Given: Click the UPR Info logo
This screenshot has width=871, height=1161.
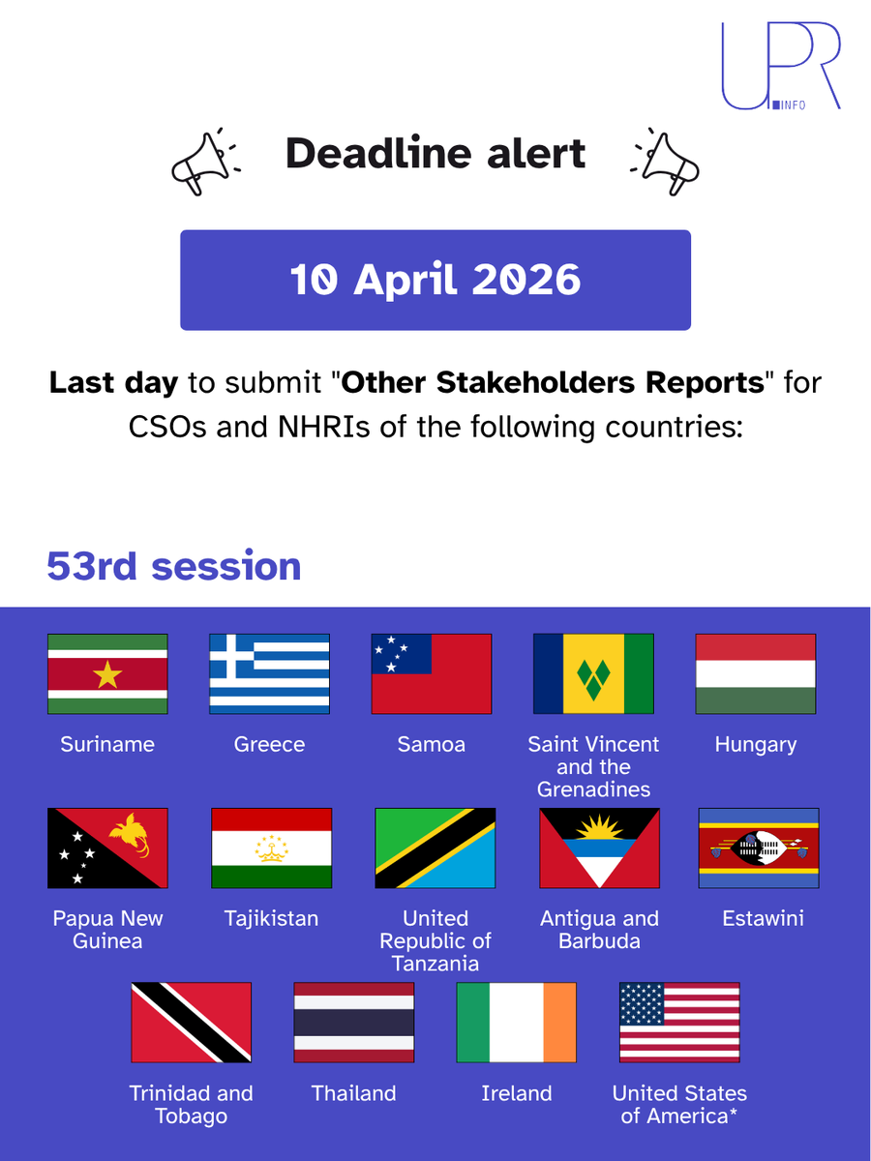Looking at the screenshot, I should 780,66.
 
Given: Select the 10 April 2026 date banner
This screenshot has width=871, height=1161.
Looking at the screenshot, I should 435,280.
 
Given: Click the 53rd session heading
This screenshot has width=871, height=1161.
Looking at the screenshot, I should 174,566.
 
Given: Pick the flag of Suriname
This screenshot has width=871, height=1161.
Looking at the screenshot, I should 107,674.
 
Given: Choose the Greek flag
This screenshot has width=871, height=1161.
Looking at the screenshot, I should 270,674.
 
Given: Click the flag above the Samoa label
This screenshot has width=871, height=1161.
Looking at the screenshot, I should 432,674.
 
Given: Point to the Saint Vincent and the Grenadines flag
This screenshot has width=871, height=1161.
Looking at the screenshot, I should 594,674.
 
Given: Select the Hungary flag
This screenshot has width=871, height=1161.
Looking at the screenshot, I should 756,674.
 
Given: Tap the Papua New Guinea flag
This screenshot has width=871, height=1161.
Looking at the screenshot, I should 107,848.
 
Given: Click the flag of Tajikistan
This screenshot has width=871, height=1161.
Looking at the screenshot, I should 272,848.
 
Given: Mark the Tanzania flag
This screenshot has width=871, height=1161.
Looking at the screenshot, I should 435,848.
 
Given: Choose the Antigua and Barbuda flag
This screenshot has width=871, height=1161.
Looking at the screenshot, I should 599,848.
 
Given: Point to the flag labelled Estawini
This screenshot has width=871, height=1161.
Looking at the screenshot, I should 759,848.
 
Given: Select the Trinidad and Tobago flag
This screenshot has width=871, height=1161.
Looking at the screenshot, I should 192,1023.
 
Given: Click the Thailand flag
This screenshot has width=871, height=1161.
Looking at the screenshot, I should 354,1023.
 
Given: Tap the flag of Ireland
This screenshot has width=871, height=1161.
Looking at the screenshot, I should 517,1023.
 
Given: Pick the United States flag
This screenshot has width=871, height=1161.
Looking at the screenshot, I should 679,1023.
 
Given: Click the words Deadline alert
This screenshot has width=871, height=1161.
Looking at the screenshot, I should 435,154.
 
